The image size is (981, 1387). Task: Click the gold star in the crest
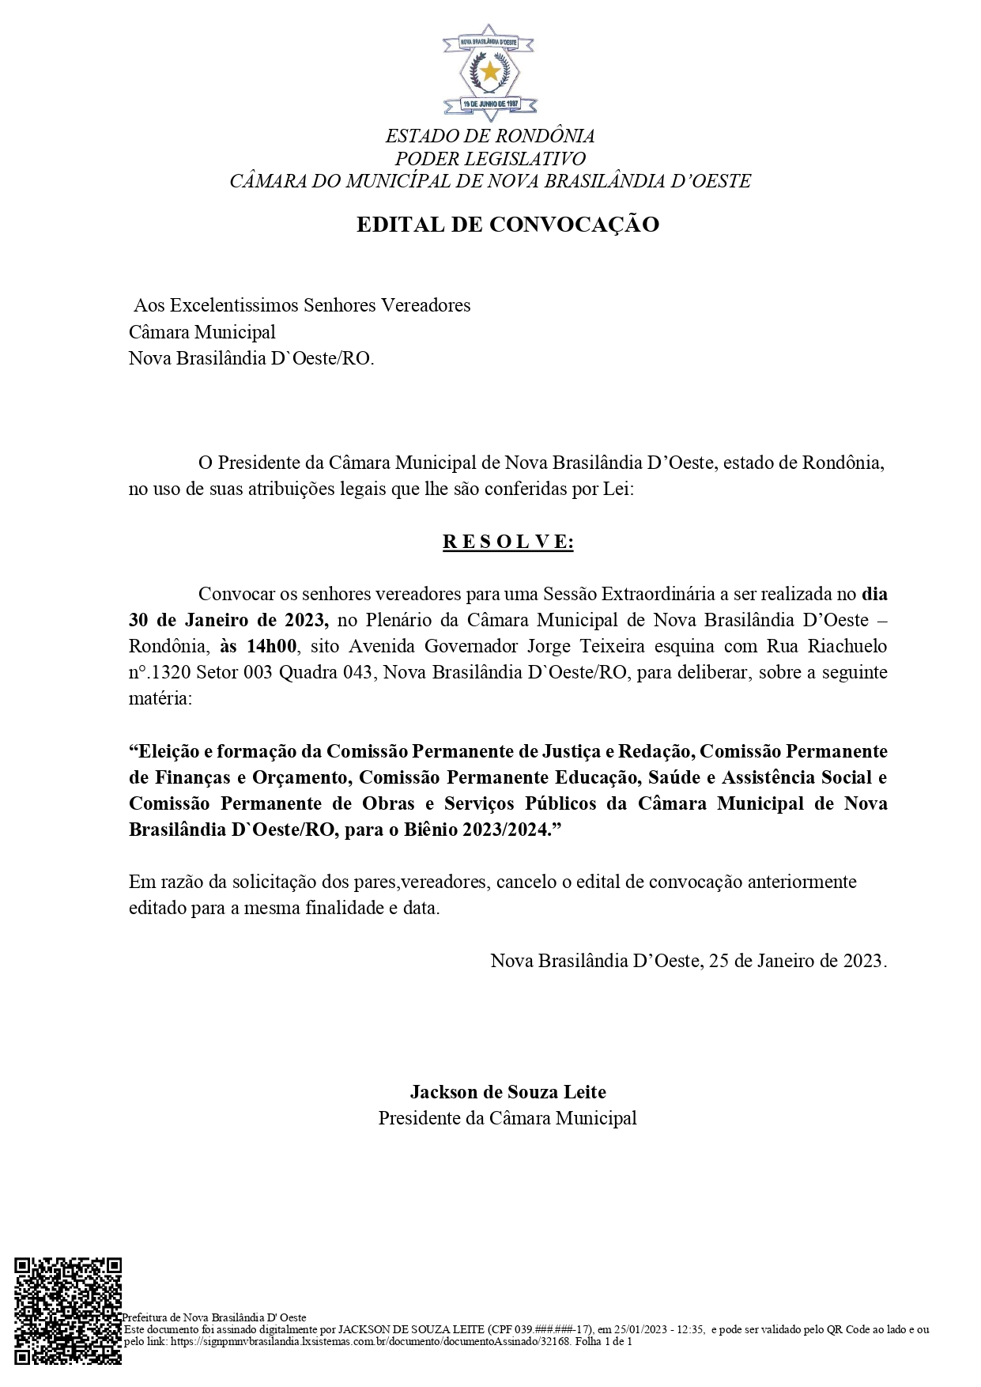coord(490,72)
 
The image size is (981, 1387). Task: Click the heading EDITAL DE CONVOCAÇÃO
coord(507,225)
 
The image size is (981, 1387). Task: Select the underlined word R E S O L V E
coord(507,542)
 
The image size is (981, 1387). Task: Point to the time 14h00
coord(271,646)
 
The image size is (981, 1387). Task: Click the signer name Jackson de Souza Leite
coord(507,1092)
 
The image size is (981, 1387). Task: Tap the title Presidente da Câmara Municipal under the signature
coord(507,1118)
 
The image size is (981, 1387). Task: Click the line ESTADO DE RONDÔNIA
coord(490,136)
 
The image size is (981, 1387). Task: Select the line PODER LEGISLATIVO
coord(490,158)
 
